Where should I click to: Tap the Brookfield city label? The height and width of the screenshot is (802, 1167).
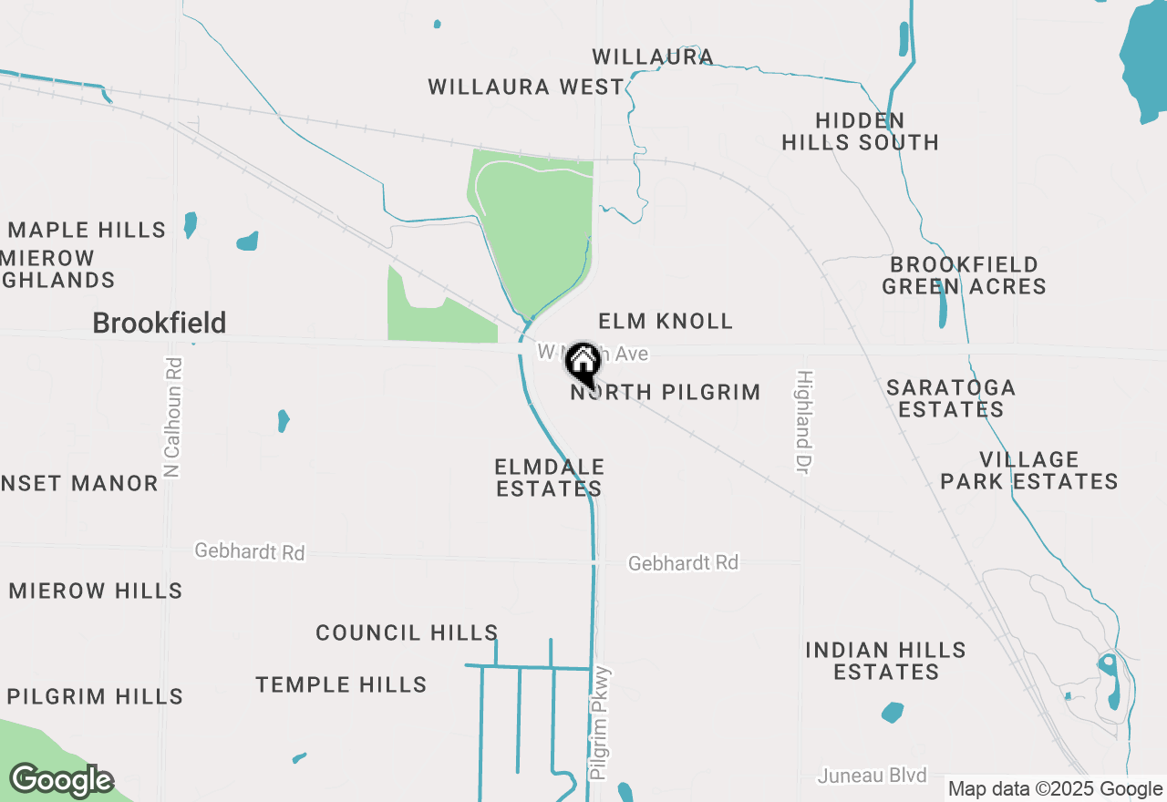[160, 323]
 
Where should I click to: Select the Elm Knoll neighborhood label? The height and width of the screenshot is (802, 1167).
[666, 321]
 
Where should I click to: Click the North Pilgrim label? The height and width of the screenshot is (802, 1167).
[666, 393]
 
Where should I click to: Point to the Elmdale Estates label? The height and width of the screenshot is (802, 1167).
[549, 478]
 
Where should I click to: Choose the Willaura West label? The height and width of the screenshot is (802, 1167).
[526, 87]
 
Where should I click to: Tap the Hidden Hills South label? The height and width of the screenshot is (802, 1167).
[861, 131]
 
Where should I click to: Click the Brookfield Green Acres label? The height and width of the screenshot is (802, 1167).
[964, 275]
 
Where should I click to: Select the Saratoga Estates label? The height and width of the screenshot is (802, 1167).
[951, 398]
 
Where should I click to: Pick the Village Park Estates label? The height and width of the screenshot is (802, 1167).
[1029, 470]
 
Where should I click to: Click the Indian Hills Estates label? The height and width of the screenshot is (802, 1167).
[886, 661]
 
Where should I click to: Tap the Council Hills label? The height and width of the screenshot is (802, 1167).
[407, 632]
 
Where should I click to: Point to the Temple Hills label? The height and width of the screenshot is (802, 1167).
[341, 684]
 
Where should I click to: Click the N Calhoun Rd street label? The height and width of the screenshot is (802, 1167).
[173, 417]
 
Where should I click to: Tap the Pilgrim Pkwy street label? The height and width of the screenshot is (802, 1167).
[599, 724]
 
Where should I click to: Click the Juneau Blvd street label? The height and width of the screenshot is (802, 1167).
[873, 776]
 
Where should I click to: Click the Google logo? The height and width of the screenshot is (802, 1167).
[61, 780]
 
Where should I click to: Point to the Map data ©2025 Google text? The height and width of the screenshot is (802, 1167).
[1055, 789]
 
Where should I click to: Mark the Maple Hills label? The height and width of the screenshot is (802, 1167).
[88, 230]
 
